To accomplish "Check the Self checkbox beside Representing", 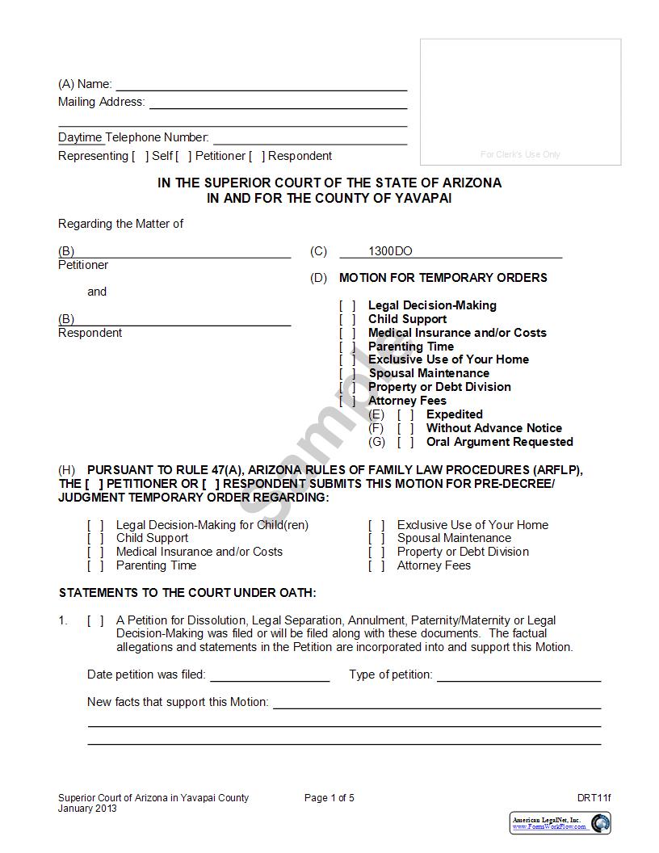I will tap(141, 156).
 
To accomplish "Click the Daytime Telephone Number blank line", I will tap(309, 138).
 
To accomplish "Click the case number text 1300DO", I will tap(390, 251).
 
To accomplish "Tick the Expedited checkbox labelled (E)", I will tap(405, 414).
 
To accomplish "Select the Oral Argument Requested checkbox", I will tap(405, 442).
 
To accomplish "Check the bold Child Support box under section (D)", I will tap(347, 319).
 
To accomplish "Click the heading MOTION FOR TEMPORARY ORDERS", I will tap(443, 278).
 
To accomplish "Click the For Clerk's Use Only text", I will tap(520, 154).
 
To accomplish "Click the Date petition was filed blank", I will tap(270, 675).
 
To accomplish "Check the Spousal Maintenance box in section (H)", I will tap(376, 538).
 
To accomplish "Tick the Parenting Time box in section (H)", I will tap(95, 565).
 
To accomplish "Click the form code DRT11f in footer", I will tap(594, 798).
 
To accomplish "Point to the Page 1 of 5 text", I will tap(329, 798).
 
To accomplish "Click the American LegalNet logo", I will tap(560, 823).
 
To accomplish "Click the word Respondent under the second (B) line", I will tap(90, 333).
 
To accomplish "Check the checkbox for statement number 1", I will tap(95, 620).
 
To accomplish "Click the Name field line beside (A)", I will tap(261, 84).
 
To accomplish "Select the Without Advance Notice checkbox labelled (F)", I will tap(405, 428).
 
